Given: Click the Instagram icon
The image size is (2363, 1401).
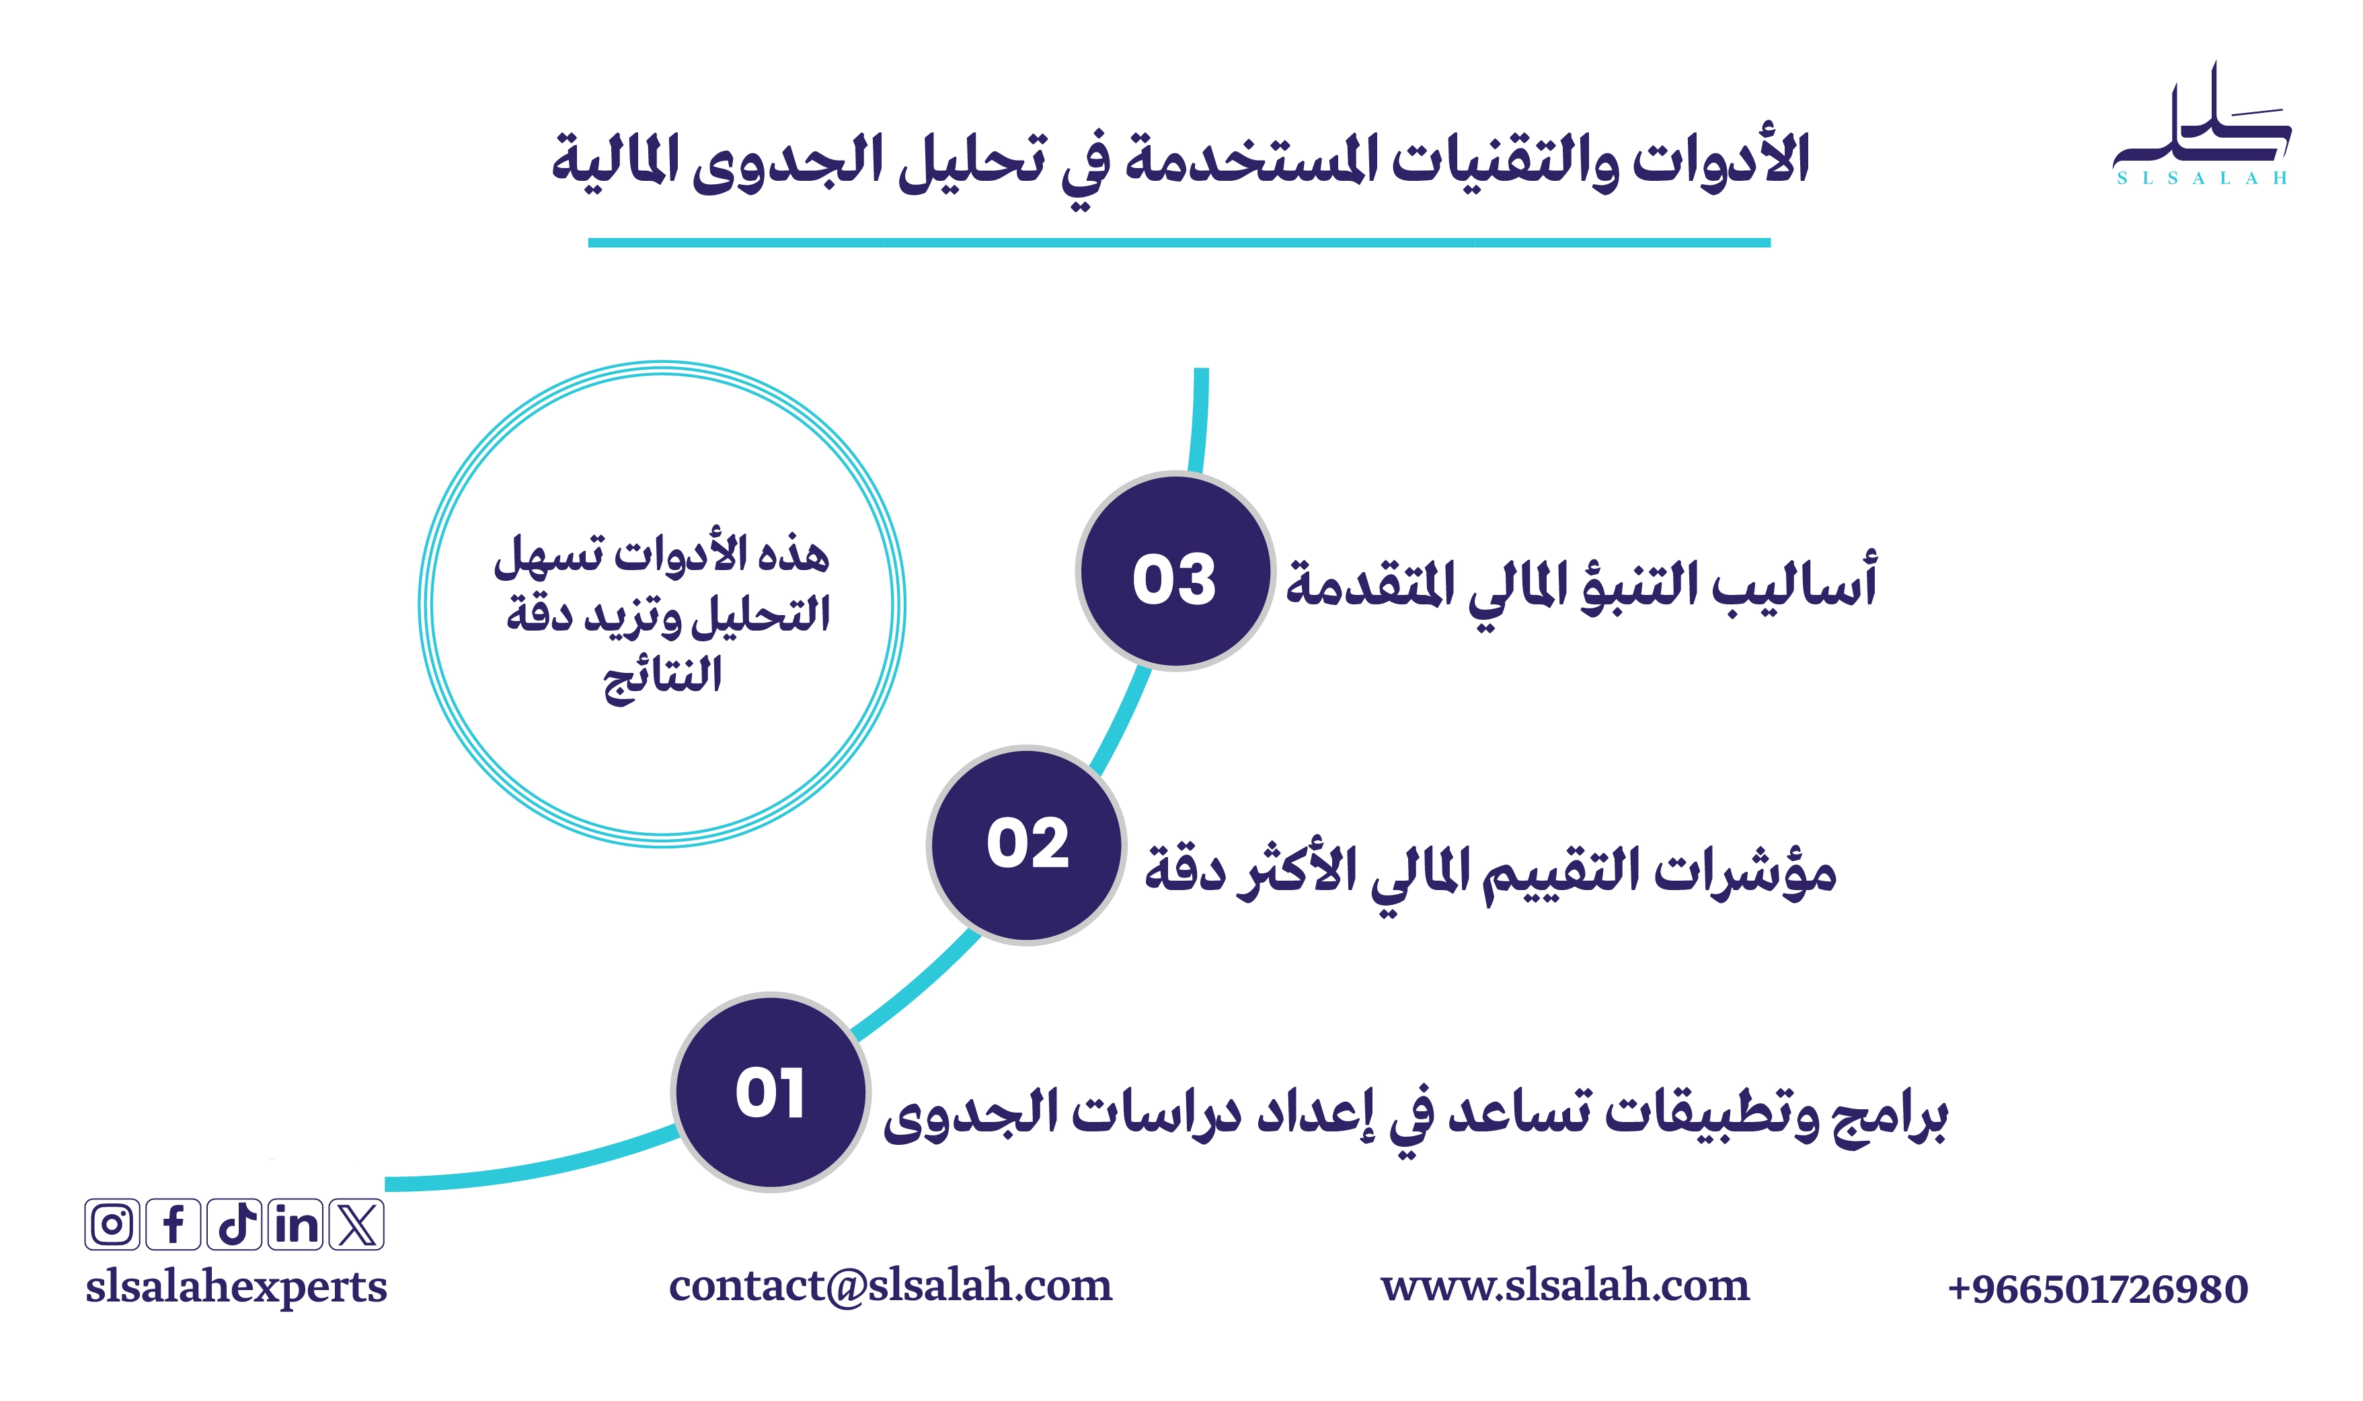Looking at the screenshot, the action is click(x=112, y=1224).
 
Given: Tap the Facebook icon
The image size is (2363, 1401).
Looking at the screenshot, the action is click(x=173, y=1224).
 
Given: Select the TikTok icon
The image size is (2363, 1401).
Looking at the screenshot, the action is click(x=234, y=1224).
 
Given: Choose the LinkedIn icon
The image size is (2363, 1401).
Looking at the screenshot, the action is click(x=295, y=1224).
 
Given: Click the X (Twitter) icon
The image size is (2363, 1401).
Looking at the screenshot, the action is click(x=357, y=1224).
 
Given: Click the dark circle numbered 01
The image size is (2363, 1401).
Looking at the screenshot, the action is click(x=771, y=1092).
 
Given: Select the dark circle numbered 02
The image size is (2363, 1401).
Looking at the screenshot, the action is click(x=1027, y=845).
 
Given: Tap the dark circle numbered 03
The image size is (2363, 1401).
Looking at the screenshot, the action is click(x=1175, y=571).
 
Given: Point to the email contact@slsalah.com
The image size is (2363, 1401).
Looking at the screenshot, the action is click(x=890, y=1286).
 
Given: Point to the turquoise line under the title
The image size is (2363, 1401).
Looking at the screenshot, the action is click(x=1179, y=243).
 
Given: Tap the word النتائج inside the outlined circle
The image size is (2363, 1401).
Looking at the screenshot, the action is click(x=663, y=677).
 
